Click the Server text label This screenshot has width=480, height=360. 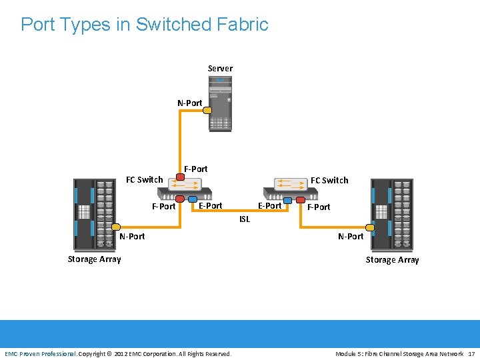coord(220,69)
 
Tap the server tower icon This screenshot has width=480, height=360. coord(220,103)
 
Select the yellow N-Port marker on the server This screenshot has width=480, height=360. coord(207,111)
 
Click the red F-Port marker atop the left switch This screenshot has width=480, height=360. coord(180,177)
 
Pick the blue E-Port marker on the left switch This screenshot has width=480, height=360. coord(193,199)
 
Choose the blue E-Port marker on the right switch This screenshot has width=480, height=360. coord(288,199)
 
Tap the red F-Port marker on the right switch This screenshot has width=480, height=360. coord(301,199)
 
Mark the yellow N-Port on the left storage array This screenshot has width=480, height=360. coord(115,227)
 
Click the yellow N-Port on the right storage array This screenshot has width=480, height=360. coord(371,227)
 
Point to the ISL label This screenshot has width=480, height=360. coord(245,219)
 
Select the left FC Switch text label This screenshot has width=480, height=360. coord(145,179)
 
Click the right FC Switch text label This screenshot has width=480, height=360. coord(329,180)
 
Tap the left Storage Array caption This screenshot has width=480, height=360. coord(94,259)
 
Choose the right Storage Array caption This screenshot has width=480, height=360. coord(392,260)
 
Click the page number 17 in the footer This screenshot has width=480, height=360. coord(471,353)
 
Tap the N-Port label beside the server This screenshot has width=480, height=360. coord(189,103)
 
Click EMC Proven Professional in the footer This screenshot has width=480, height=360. coord(41,353)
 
